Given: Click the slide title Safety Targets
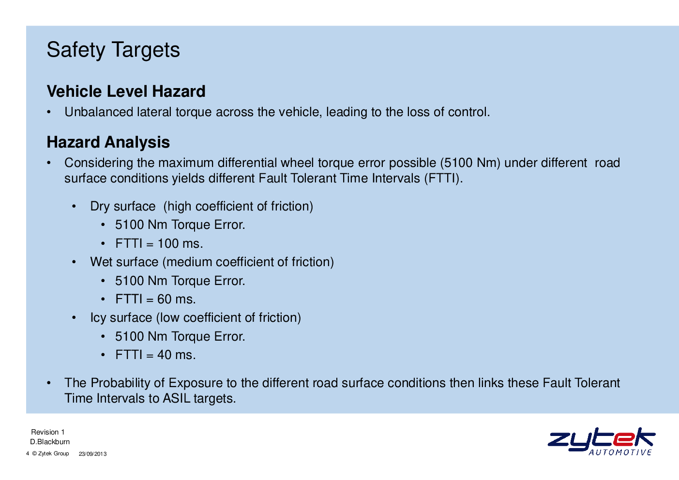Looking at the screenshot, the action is point(113,50).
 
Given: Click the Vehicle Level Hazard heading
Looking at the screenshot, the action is point(126,91).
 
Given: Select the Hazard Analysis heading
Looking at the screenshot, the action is point(108,142).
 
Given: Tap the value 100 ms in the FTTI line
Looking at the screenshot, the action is point(180,244).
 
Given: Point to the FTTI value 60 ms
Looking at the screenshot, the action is point(177,300).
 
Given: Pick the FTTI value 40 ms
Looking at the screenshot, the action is point(177,355).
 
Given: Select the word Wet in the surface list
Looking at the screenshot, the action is point(102,262).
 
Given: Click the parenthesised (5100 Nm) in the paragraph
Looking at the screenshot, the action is point(470,163).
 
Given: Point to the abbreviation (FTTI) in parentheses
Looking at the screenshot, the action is point(443,179).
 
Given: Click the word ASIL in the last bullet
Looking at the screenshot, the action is point(177,399).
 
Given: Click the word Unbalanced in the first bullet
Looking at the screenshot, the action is point(99,112).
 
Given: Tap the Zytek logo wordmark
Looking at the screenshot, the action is point(602,439).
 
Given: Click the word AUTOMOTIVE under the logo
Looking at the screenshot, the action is point(620,452).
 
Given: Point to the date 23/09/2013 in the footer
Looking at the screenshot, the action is point(93,454).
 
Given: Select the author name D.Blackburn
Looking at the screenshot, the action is point(50,442).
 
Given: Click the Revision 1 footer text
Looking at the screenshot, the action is point(47,432).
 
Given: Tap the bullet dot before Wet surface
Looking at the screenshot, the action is point(74,262).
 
